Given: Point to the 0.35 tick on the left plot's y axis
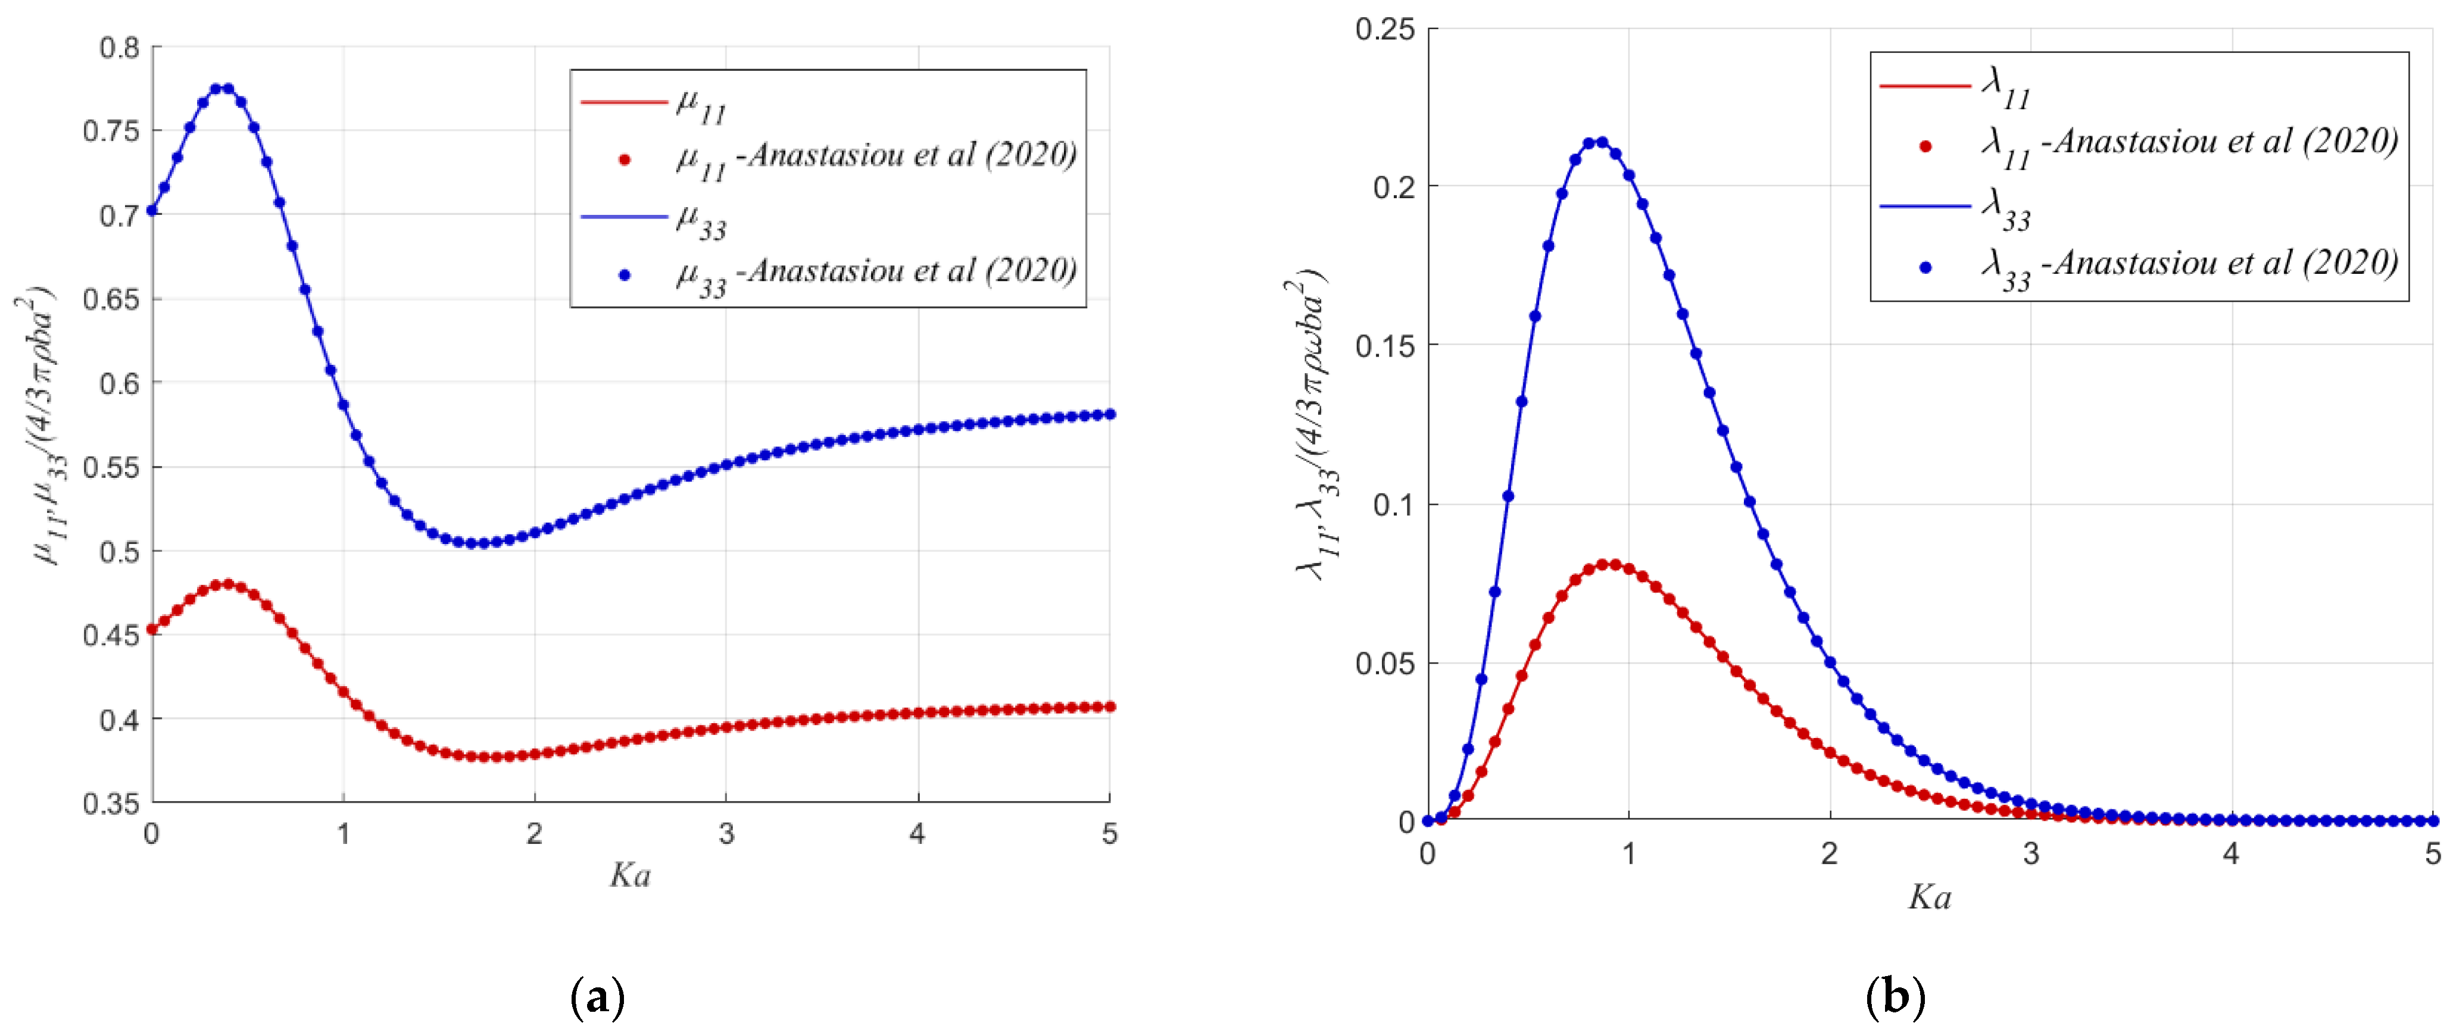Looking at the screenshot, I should [111, 803].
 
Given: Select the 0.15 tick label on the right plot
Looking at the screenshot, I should [1384, 345].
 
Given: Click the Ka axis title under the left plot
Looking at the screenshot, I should [630, 875].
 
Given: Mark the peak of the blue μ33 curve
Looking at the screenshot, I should [221, 89].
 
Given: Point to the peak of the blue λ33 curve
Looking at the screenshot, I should [1595, 143].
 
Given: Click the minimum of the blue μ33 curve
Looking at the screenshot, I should [477, 543].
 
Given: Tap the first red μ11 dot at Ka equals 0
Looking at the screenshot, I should [152, 629].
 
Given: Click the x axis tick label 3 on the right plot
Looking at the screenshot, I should [2031, 853].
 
